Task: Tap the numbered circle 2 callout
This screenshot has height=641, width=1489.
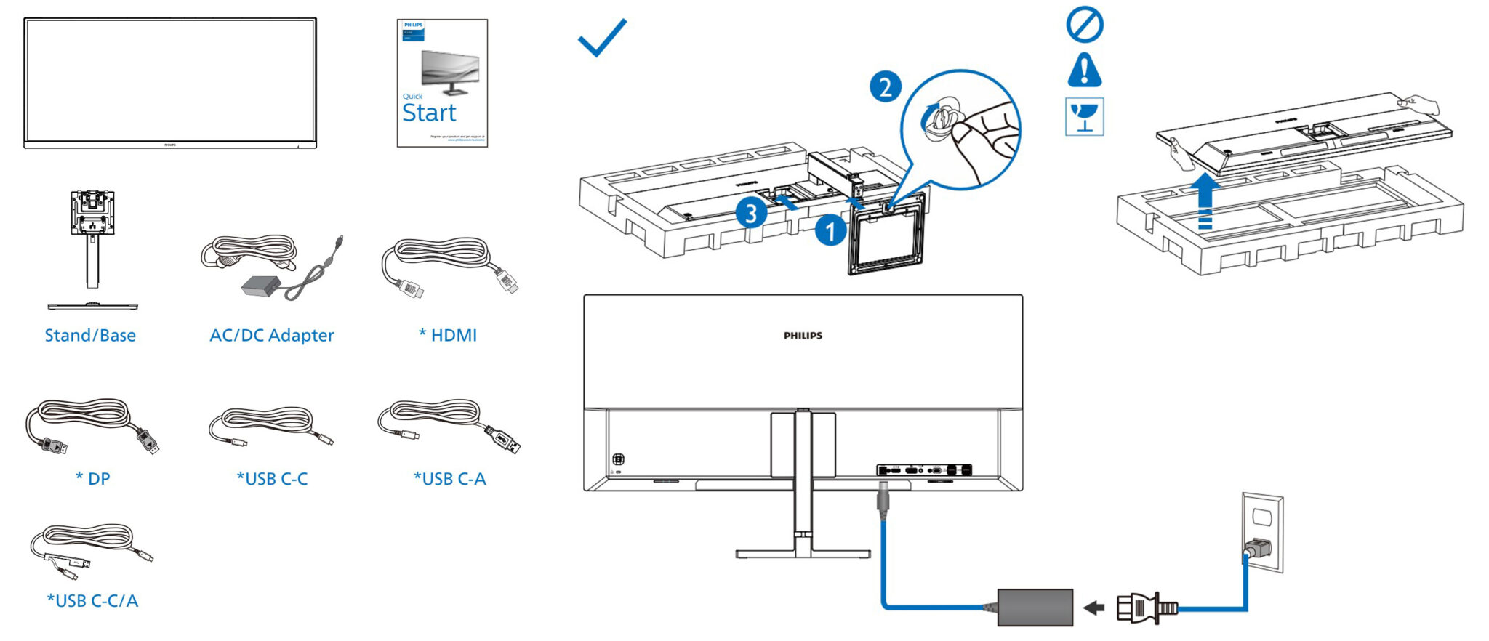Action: (885, 87)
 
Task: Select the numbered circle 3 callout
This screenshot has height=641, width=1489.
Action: (750, 214)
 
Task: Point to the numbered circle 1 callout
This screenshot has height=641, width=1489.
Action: (830, 231)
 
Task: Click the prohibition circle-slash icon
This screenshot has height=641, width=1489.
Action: (1084, 25)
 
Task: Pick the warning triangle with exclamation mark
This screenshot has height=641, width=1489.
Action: (1084, 70)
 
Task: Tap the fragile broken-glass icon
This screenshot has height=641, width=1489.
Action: (1084, 116)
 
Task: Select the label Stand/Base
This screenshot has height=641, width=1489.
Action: (90, 335)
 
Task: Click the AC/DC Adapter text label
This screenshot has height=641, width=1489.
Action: (271, 335)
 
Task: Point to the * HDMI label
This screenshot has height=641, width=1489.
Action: (448, 335)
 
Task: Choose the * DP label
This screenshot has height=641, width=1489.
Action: (92, 479)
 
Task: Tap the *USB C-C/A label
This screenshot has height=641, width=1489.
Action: (92, 601)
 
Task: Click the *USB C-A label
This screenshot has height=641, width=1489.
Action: (449, 479)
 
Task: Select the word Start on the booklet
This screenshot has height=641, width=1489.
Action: (429, 113)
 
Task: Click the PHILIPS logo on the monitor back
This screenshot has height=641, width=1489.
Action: (803, 336)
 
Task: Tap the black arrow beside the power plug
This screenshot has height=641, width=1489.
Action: (1093, 608)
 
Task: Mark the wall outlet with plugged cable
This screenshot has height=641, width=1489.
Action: (1262, 533)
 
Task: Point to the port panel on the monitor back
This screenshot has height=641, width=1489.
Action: (924, 470)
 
